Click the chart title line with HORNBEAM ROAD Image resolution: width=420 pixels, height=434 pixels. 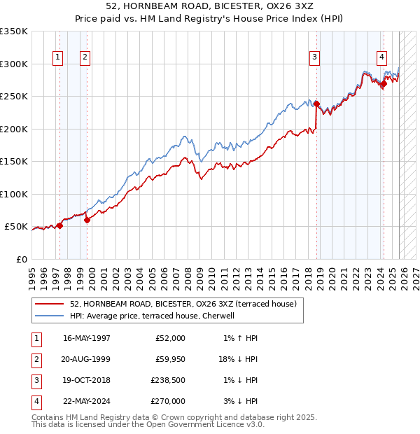point(209,8)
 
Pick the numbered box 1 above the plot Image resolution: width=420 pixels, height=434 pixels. point(57,58)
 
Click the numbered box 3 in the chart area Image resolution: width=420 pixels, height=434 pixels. point(315,58)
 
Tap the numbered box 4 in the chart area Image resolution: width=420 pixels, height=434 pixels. point(381,58)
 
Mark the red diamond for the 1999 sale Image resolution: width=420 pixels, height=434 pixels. point(87,220)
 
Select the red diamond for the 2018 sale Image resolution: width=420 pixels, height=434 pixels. point(316,104)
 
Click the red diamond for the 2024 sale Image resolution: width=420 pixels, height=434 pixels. point(384,84)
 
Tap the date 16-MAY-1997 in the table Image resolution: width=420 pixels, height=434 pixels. point(87,338)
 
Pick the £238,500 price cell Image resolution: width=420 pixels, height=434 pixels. point(169,380)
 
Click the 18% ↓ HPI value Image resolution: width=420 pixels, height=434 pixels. point(236,359)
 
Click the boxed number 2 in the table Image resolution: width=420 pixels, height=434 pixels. point(35,359)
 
